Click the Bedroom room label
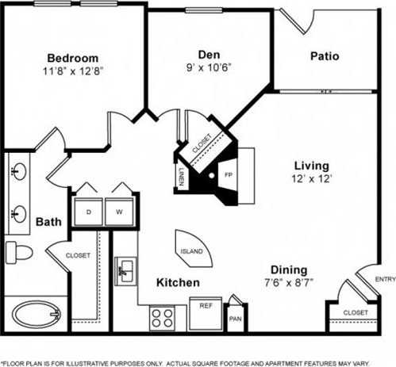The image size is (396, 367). tap(72, 58)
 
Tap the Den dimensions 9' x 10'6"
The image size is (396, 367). tap(209, 69)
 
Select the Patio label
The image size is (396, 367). tap(324, 56)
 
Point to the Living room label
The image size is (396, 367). tap(311, 165)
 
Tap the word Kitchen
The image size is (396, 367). tap(177, 282)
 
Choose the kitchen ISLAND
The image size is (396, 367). tap(191, 250)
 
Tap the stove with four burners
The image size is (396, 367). tap(162, 319)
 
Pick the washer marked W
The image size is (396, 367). tap(119, 212)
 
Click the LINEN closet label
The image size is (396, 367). tap(181, 178)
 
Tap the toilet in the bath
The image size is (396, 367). tap(18, 253)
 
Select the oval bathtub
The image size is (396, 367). tap(36, 315)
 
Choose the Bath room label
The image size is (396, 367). tap(45, 223)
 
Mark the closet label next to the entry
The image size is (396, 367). tap(355, 313)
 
